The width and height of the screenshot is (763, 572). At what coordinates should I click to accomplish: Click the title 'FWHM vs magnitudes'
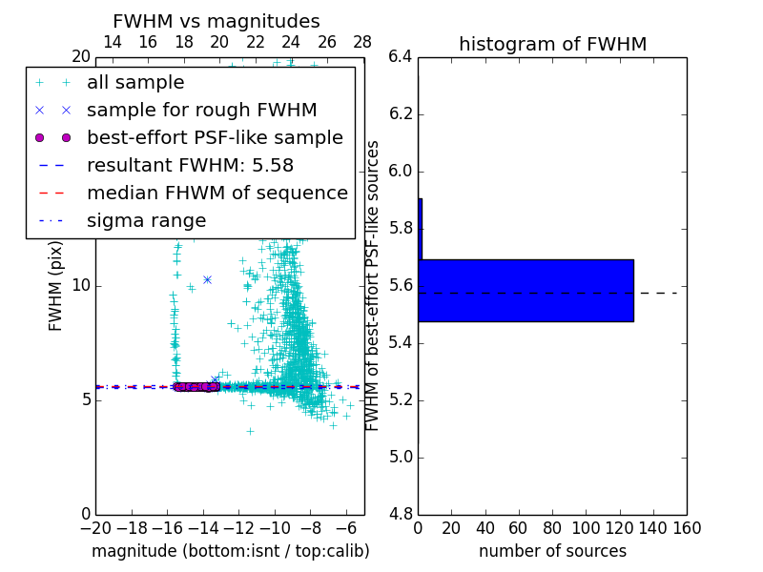pyautogui.click(x=217, y=21)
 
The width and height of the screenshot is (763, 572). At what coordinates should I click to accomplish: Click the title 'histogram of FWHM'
pyautogui.click(x=552, y=44)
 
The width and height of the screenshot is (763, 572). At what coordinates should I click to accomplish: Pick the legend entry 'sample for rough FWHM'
pyautogui.click(x=201, y=111)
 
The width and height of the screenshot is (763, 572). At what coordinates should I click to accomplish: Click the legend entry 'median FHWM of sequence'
pyautogui.click(x=217, y=194)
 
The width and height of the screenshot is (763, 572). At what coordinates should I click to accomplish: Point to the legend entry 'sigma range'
pyautogui.click(x=146, y=221)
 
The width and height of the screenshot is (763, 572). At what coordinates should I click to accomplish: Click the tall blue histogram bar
pyautogui.click(x=526, y=290)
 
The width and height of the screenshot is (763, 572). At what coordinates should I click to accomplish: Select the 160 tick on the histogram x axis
pyautogui.click(x=687, y=528)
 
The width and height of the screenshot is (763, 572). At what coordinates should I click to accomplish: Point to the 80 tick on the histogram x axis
pyautogui.click(x=552, y=528)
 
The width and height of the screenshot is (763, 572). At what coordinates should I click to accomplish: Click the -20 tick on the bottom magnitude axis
pyautogui.click(x=95, y=528)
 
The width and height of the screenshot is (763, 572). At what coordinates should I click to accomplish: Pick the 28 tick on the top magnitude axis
pyautogui.click(x=363, y=42)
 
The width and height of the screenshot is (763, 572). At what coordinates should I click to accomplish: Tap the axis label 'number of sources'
pyautogui.click(x=552, y=551)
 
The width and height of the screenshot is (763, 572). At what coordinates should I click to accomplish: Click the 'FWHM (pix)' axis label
pyautogui.click(x=56, y=285)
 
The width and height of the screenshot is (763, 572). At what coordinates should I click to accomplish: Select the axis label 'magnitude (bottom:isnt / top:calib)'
pyautogui.click(x=230, y=551)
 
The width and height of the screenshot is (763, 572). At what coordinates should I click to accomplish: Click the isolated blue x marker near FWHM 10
pyautogui.click(x=207, y=279)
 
